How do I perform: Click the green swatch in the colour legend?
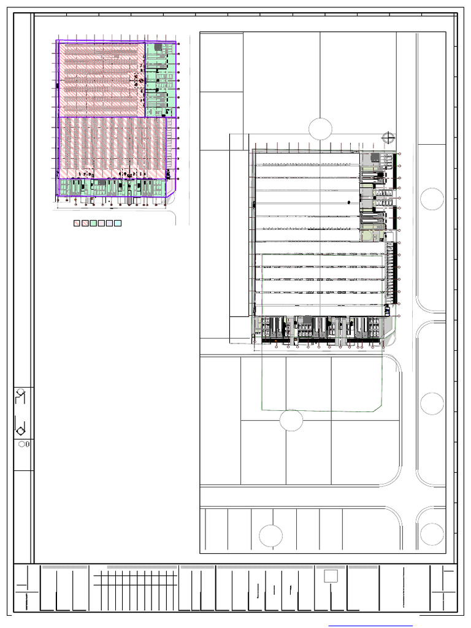(94, 224)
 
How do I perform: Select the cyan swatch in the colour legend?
(118, 224)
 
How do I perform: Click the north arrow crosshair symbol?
(386, 137)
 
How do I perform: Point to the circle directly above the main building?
(320, 129)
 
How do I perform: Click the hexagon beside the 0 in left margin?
(22, 445)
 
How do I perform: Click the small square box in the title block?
(331, 575)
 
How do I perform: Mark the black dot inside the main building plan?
(348, 201)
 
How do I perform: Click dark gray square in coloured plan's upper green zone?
(158, 47)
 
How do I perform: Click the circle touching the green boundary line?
(291, 420)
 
